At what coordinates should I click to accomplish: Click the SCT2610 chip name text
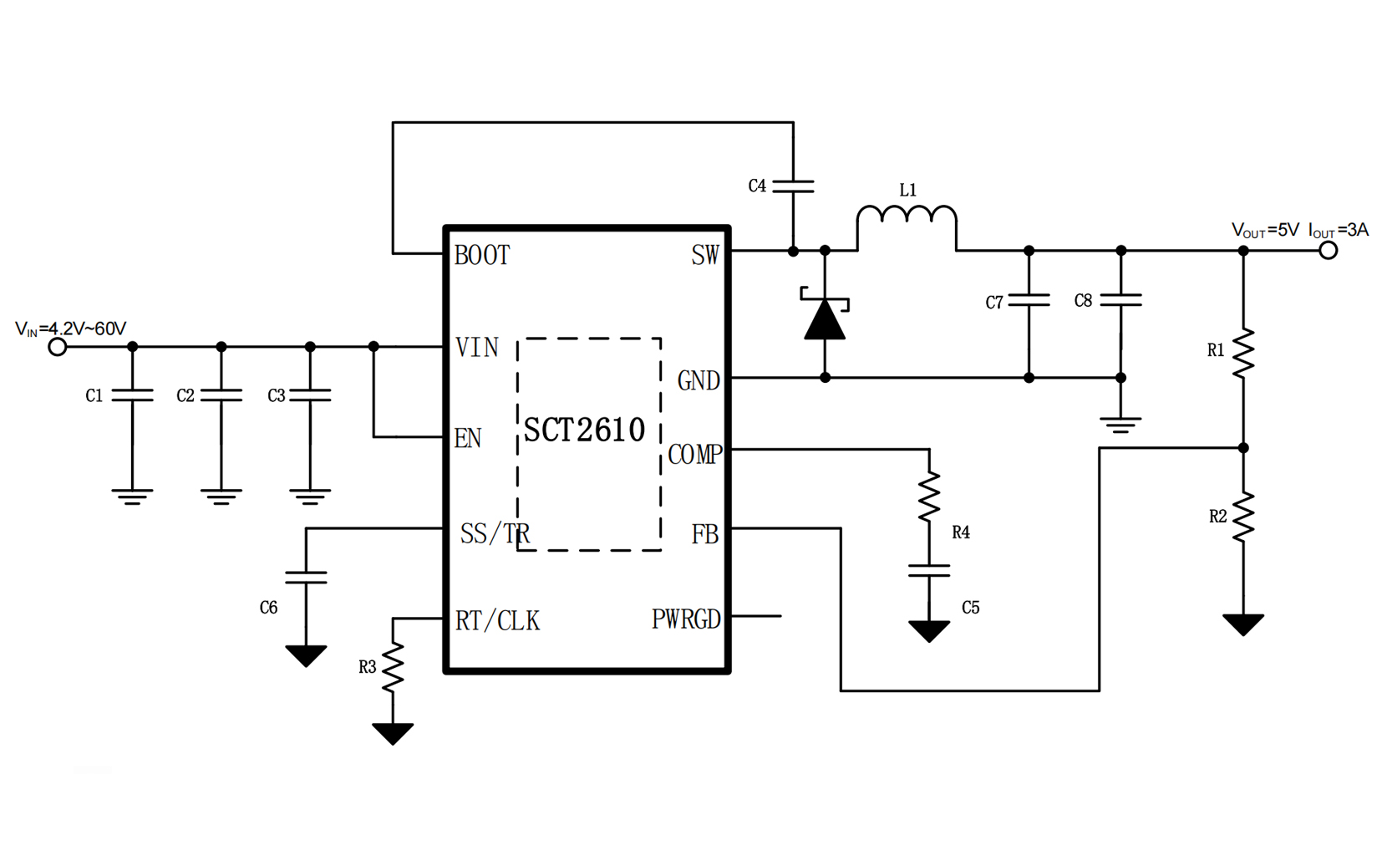click(584, 430)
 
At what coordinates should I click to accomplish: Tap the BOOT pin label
click(482, 255)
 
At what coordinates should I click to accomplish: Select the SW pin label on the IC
click(704, 255)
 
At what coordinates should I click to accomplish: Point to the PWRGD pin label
click(686, 619)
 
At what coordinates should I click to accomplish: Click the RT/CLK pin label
click(497, 620)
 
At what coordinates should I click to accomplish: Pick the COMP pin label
click(694, 454)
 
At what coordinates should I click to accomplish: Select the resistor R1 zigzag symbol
click(1243, 353)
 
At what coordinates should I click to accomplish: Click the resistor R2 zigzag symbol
click(1243, 517)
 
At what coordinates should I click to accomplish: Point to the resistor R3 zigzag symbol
click(393, 667)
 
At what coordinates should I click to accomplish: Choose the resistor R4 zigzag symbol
click(929, 497)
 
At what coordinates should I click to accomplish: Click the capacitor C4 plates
click(793, 186)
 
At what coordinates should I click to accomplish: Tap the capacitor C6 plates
click(306, 577)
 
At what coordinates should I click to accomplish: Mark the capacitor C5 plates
click(929, 571)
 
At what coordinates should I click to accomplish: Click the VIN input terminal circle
click(58, 346)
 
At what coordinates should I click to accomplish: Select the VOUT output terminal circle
click(1328, 250)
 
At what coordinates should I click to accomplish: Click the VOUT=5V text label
click(1265, 231)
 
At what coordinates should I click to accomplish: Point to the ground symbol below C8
click(1121, 424)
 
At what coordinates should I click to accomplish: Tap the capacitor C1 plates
click(132, 395)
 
